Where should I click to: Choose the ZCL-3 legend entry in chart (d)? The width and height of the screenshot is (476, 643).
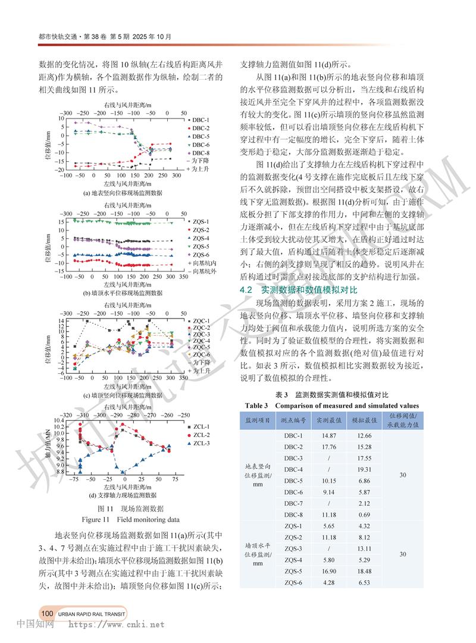(203, 443)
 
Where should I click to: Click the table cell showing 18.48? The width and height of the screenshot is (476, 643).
(365, 570)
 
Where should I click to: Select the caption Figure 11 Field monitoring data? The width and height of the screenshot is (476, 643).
(123, 519)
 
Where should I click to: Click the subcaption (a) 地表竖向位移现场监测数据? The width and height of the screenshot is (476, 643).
(123, 193)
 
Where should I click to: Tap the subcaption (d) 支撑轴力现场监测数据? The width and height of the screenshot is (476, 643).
(123, 495)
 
